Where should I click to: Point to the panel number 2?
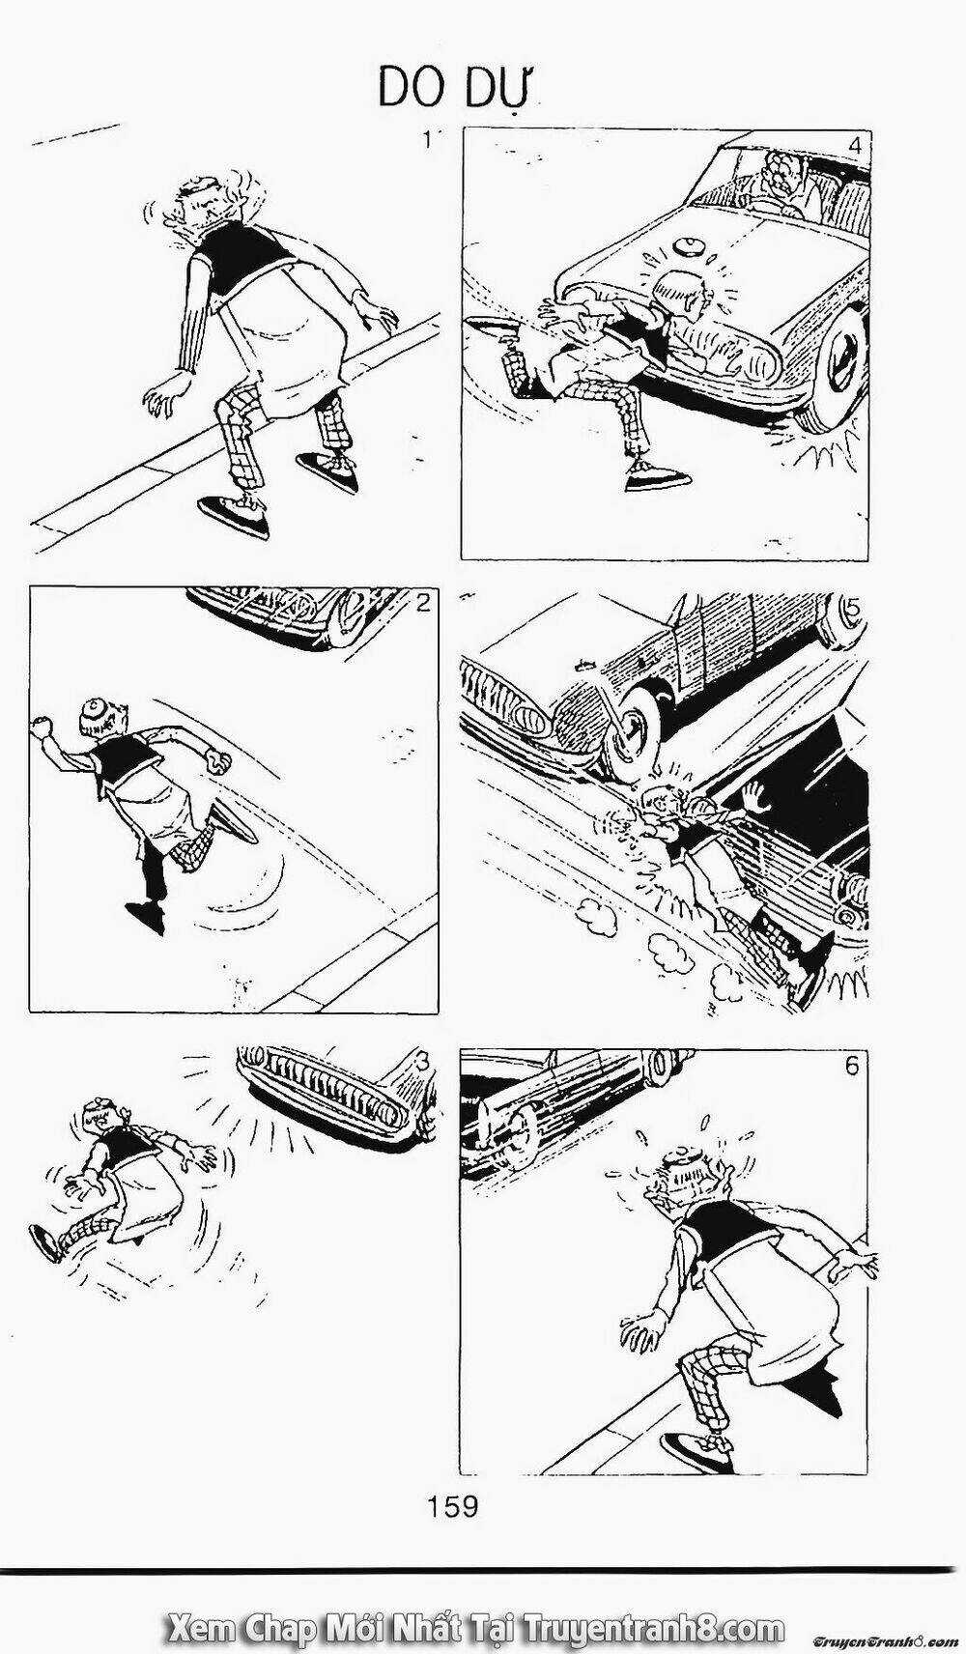point(422,604)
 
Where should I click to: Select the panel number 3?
point(421,1060)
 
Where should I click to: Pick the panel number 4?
point(853,147)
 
